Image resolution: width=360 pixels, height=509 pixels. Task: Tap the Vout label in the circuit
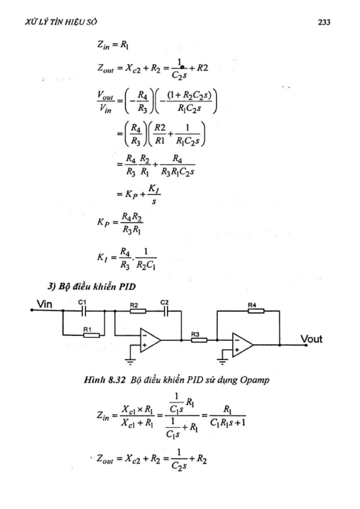(x=310, y=339)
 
